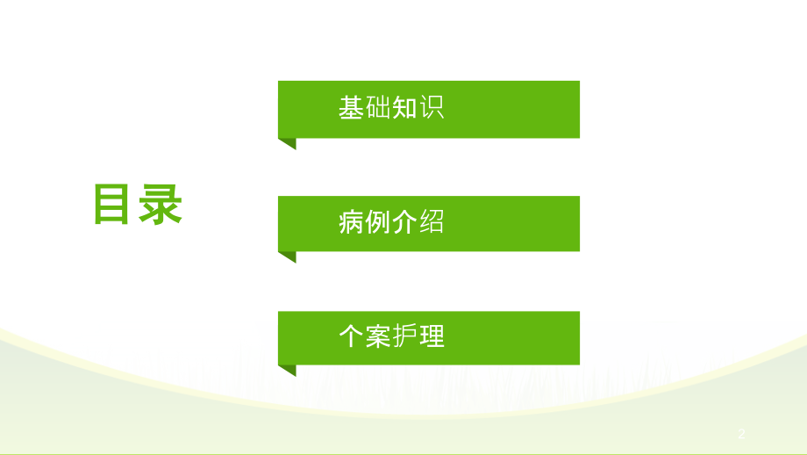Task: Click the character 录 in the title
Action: pyautogui.click(x=161, y=206)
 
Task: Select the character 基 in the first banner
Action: pyautogui.click(x=352, y=108)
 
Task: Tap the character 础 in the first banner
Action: pyautogui.click(x=378, y=108)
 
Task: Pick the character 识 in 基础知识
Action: pyautogui.click(x=432, y=108)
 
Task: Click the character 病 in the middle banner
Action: pyautogui.click(x=352, y=222)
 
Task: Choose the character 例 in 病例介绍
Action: pyautogui.click(x=378, y=222)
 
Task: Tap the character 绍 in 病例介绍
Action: pyautogui.click(x=432, y=222)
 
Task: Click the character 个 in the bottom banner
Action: pyautogui.click(x=352, y=337)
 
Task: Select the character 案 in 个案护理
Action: pyautogui.click(x=378, y=337)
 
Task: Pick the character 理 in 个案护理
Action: pyautogui.click(x=432, y=337)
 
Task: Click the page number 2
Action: pyautogui.click(x=741, y=434)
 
